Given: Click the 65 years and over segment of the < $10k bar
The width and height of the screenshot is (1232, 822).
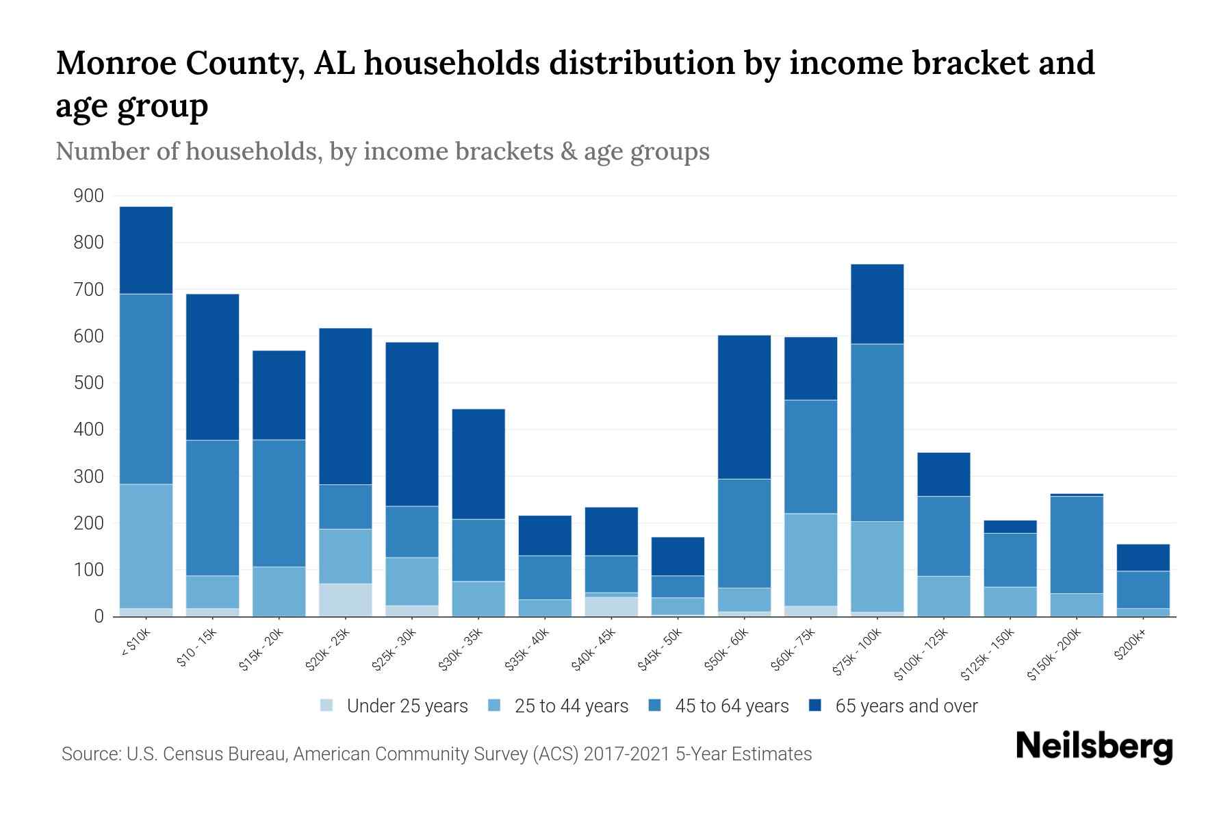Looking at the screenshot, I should (146, 250).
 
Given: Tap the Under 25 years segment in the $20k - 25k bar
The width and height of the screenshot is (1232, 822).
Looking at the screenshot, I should (346, 600).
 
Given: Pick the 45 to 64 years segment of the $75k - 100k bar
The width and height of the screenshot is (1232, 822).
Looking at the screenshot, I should (877, 433).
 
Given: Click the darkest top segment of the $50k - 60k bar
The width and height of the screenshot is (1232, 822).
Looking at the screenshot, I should (744, 407).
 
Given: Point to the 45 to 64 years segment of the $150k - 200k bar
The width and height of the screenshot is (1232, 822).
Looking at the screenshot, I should (1077, 545).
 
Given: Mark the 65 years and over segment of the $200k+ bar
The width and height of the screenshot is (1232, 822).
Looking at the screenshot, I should (1143, 558).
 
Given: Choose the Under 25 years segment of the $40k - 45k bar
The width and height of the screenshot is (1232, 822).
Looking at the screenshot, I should (611, 607).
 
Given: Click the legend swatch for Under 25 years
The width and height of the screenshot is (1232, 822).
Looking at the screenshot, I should (327, 706).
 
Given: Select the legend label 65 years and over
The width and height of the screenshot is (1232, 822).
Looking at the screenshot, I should (906, 706).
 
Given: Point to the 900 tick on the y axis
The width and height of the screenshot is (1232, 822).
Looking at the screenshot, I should (89, 196).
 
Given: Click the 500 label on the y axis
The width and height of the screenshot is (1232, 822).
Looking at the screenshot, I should (89, 383).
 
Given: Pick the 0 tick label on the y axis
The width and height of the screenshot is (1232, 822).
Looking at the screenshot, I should (99, 616).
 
